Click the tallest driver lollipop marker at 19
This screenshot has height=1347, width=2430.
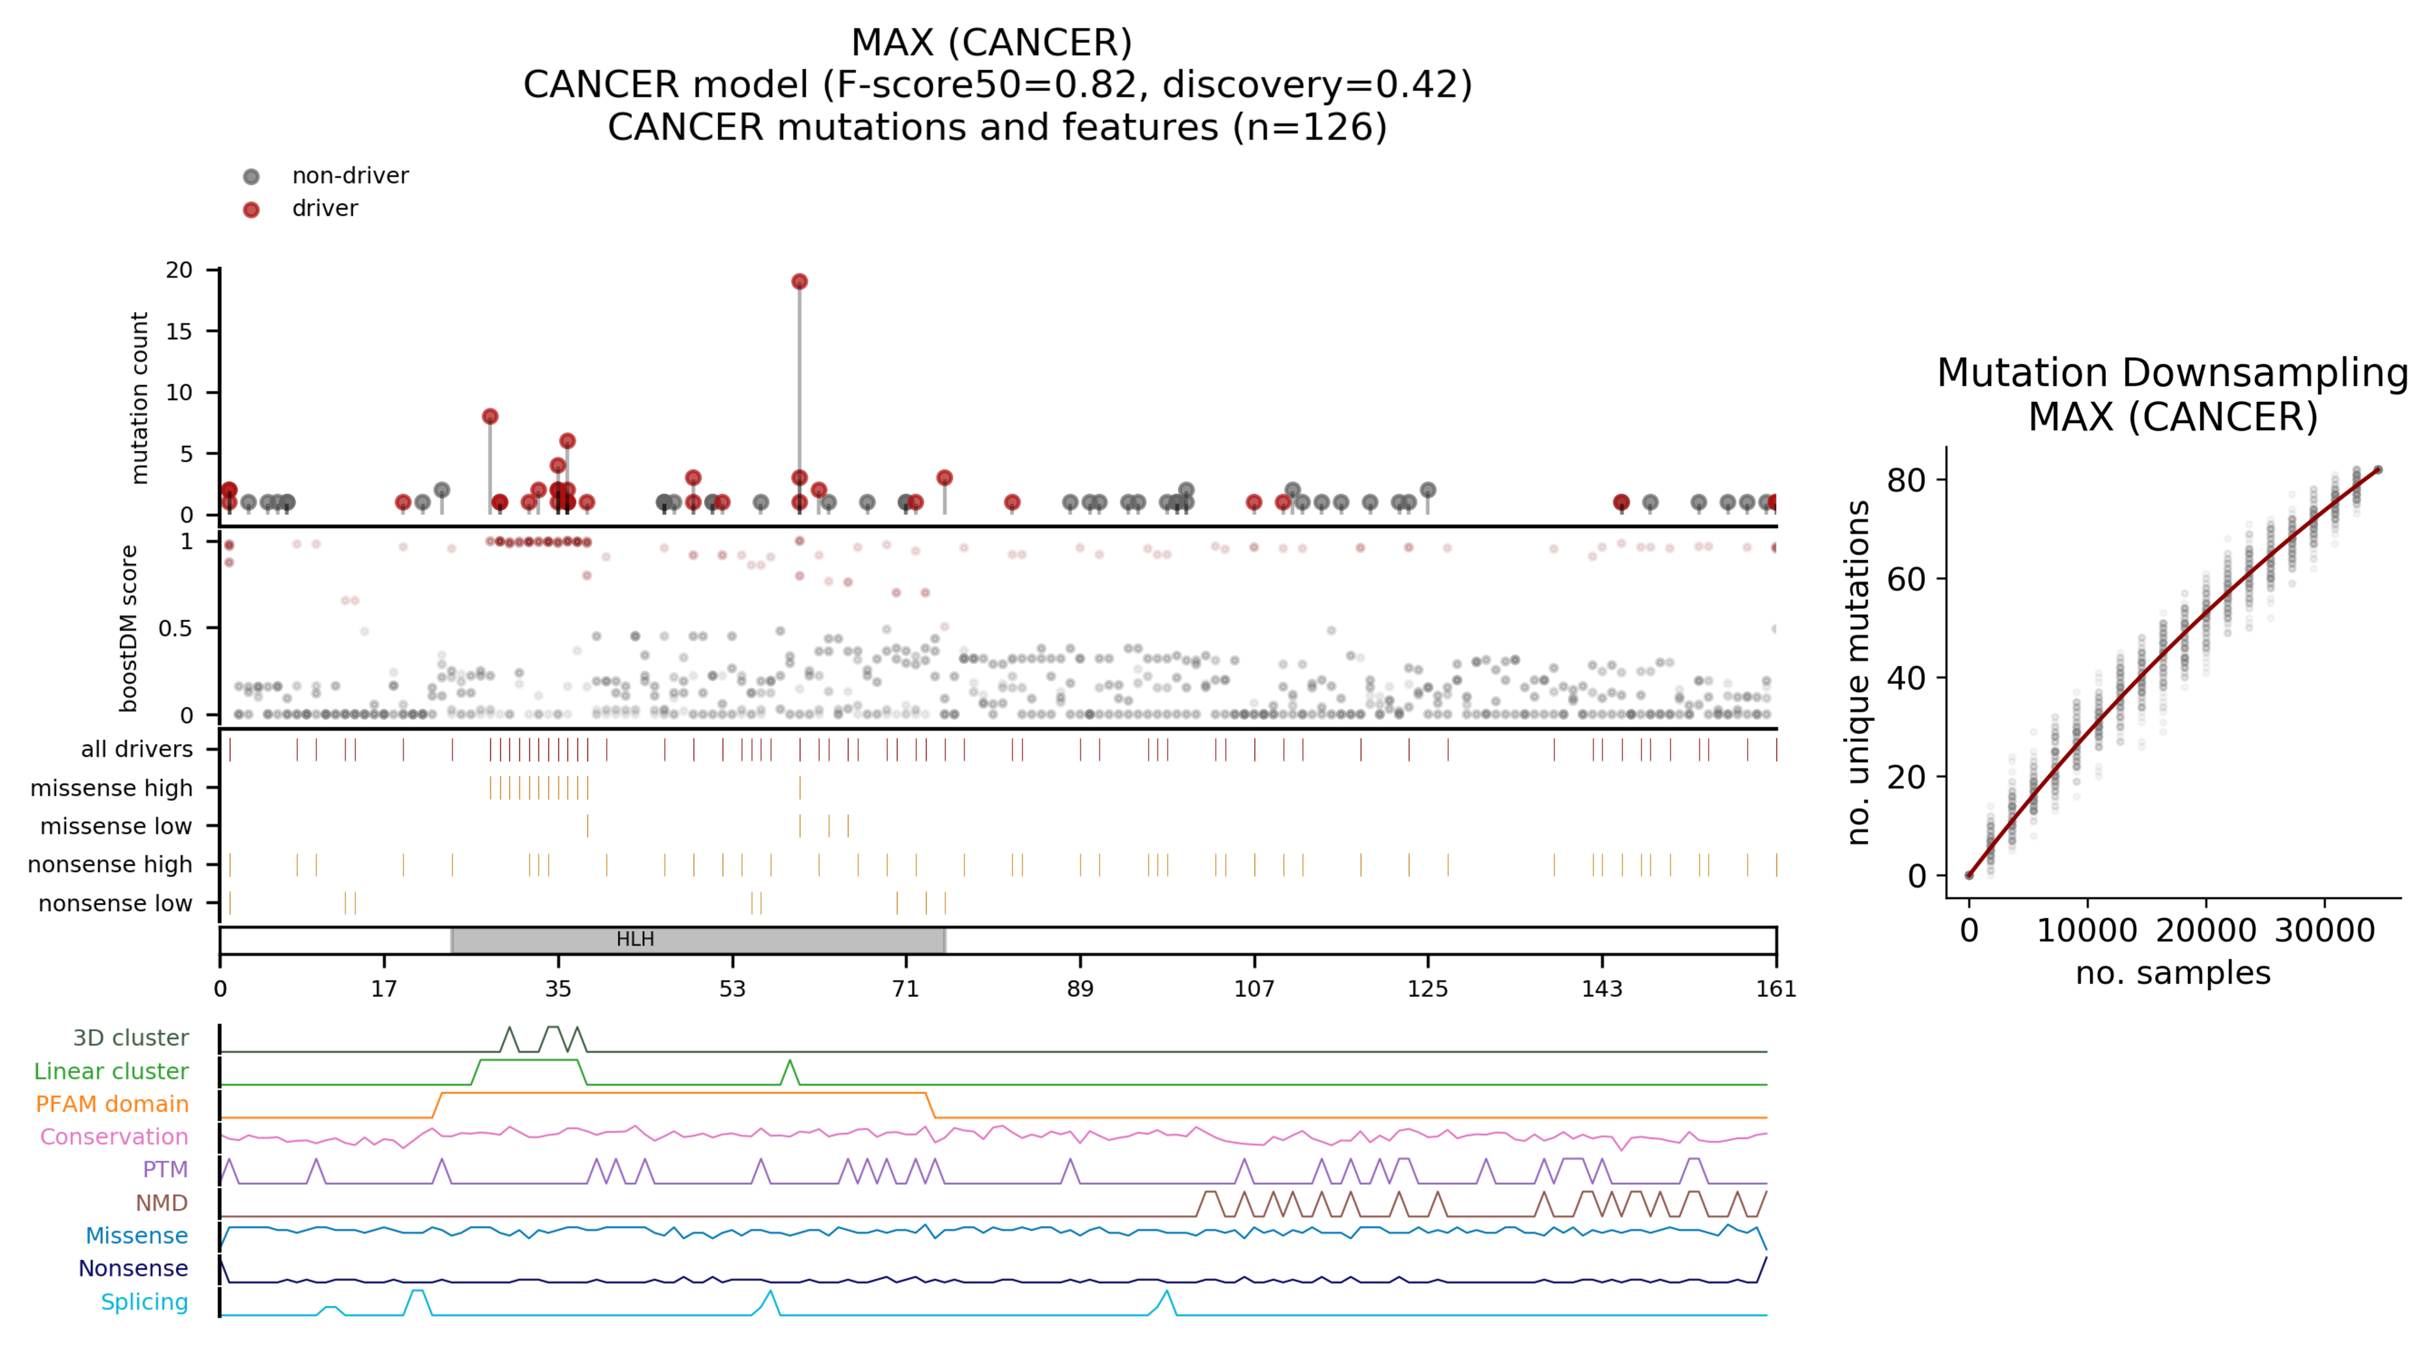pyautogui.click(x=799, y=281)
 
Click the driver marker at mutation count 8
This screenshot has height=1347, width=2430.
pyautogui.click(x=489, y=416)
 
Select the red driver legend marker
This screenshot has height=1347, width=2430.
pyautogui.click(x=251, y=210)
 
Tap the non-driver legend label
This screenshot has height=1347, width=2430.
pyautogui.click(x=350, y=175)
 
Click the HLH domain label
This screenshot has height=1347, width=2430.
pyautogui.click(x=635, y=940)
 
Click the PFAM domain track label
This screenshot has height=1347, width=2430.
pyautogui.click(x=112, y=1104)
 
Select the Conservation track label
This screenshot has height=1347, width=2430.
pyautogui.click(x=114, y=1137)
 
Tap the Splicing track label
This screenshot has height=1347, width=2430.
pyautogui.click(x=144, y=1302)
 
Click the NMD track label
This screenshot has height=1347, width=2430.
pyautogui.click(x=161, y=1203)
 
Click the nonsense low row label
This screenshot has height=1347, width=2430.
pyautogui.click(x=115, y=904)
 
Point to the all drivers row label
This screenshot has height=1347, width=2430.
pyautogui.click(x=137, y=749)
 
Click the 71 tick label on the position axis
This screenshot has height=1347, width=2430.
pyautogui.click(x=906, y=988)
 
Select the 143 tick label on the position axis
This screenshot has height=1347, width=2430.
pyautogui.click(x=1602, y=988)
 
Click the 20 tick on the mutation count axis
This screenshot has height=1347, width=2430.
pyautogui.click(x=179, y=270)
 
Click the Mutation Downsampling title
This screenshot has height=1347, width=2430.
pyautogui.click(x=2172, y=373)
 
